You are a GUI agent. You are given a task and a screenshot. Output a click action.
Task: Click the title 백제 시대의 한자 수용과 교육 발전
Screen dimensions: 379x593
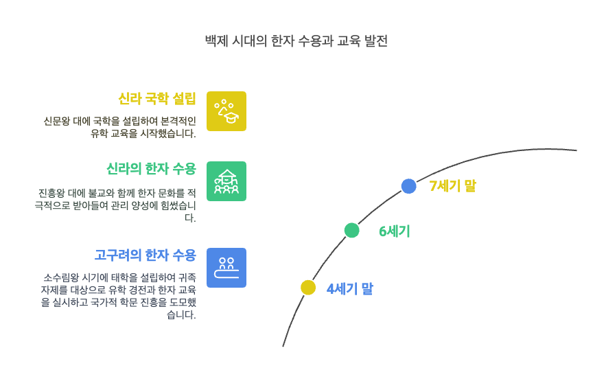pyautogui.click(x=296, y=41)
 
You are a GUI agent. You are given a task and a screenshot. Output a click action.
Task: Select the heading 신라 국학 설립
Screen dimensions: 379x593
pyautogui.click(x=156, y=99)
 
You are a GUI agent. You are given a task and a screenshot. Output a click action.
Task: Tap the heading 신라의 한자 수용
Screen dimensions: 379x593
pyautogui.click(x=151, y=169)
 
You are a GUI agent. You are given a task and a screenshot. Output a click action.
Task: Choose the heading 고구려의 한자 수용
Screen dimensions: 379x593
pyautogui.click(x=145, y=255)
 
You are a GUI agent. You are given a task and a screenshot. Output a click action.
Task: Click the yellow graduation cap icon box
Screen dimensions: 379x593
pyautogui.click(x=226, y=111)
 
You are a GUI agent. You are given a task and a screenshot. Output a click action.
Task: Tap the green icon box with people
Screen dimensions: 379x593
pyautogui.click(x=226, y=181)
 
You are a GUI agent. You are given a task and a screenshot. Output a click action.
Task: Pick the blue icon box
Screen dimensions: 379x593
pyautogui.click(x=226, y=268)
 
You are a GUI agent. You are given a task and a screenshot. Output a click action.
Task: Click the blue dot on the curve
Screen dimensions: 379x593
pyautogui.click(x=408, y=186)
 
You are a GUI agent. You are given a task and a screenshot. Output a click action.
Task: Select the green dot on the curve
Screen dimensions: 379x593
pyautogui.click(x=351, y=230)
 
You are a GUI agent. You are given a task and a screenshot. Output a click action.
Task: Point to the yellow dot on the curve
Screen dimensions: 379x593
pyautogui.click(x=308, y=287)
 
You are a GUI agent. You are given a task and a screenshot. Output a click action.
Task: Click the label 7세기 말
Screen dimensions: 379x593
pyautogui.click(x=452, y=186)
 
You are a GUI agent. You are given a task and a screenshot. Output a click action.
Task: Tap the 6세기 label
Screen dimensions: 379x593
pyautogui.click(x=395, y=231)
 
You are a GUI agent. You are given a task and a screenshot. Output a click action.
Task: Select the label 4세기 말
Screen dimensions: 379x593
pyautogui.click(x=349, y=289)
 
